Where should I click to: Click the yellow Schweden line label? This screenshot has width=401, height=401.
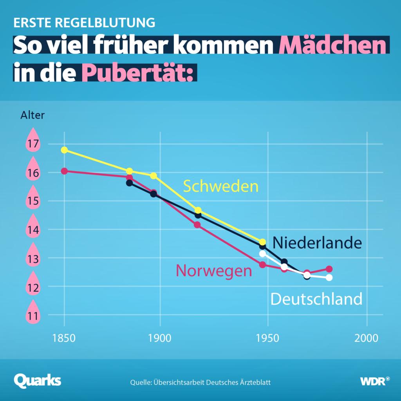click(221, 186)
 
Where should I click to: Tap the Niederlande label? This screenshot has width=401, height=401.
click(317, 243)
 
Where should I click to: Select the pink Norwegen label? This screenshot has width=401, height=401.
click(214, 271)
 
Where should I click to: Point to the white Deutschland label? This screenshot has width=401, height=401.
click(316, 299)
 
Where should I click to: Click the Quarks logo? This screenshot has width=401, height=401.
click(38, 380)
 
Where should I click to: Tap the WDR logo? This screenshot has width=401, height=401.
click(375, 381)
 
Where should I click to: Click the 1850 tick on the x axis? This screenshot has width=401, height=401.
click(64, 338)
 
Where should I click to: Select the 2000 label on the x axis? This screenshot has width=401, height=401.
click(367, 338)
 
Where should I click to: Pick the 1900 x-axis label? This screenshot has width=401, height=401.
click(160, 338)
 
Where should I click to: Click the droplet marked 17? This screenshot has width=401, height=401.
click(33, 142)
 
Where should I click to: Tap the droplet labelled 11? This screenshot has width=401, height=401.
click(33, 313)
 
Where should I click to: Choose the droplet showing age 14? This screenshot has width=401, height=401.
click(33, 228)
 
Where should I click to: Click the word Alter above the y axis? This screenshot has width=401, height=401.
click(33, 115)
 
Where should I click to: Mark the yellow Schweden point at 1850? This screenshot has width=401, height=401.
click(64, 150)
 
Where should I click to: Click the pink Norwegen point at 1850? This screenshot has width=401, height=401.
click(64, 171)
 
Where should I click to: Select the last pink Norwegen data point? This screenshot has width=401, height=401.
click(329, 269)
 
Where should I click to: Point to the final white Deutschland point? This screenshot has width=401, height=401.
click(329, 278)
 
